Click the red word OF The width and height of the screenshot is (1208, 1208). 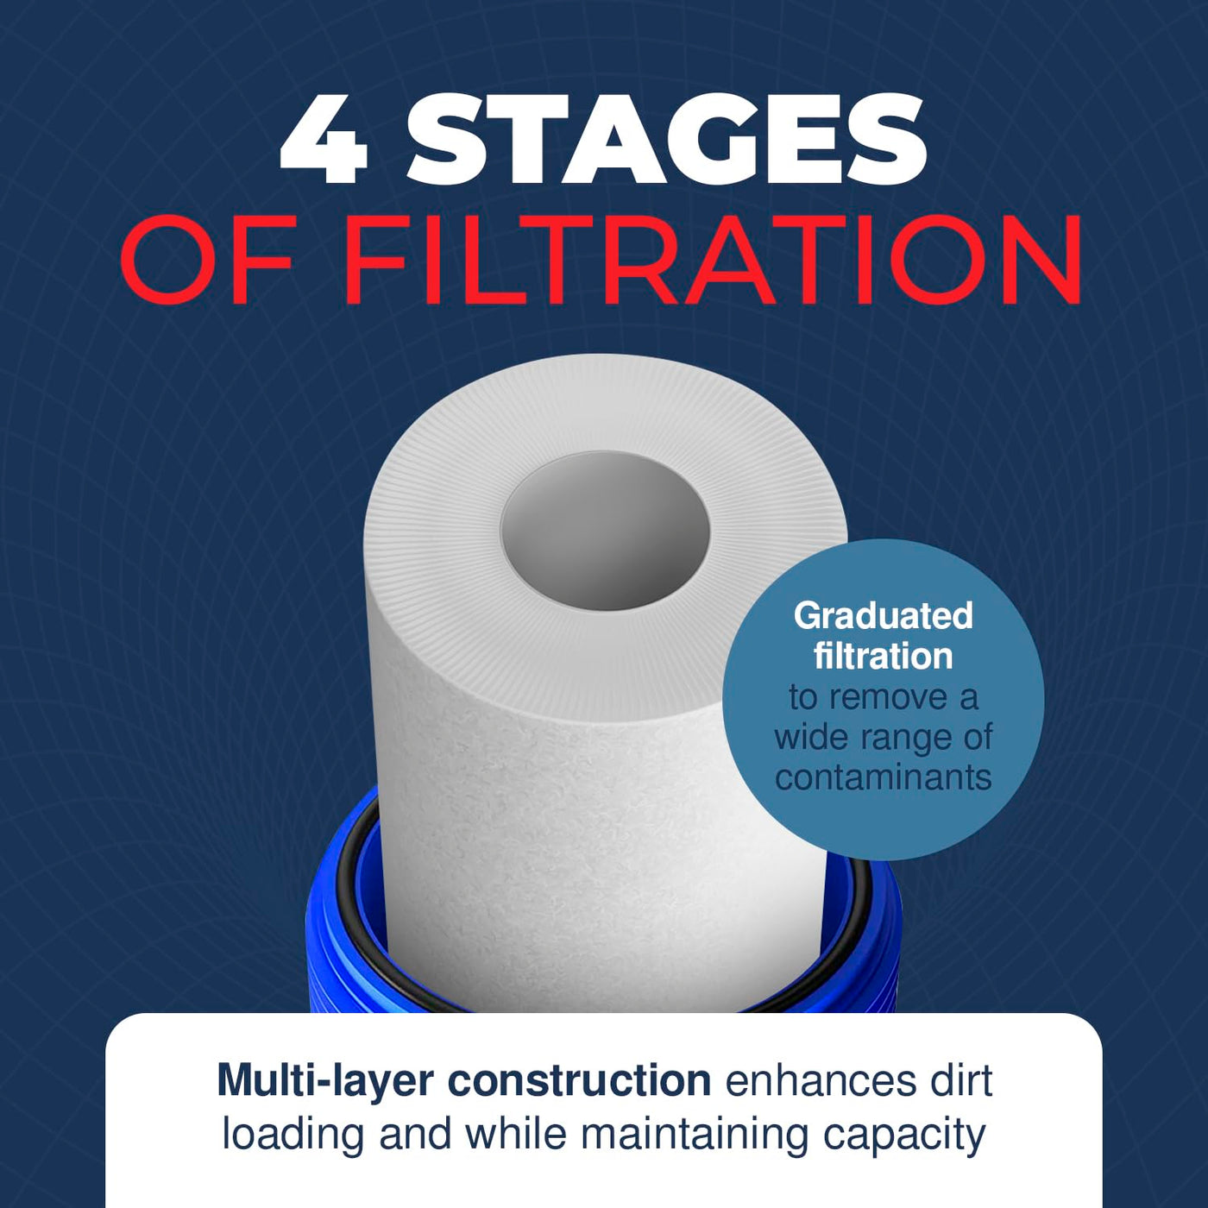coord(207,258)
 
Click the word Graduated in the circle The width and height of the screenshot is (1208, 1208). coord(884,615)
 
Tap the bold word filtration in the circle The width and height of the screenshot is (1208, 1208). coord(884,656)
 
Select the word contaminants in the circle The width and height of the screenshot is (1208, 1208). coord(884,777)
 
